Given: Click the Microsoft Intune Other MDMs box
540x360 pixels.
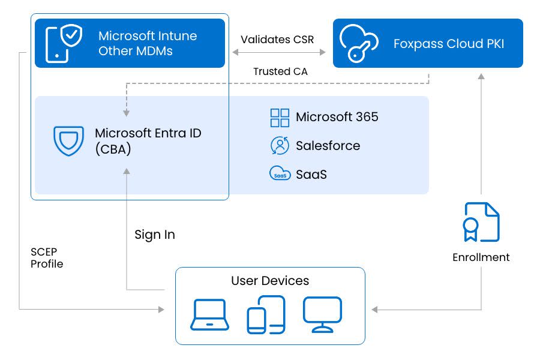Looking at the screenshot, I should coord(130,43).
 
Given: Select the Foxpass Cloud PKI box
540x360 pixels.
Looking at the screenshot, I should coord(427,43).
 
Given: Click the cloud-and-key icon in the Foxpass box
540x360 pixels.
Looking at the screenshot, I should coord(359,43).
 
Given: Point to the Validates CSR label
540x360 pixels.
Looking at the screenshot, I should coord(277,40).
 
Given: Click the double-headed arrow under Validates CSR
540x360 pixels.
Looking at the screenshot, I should coord(278,53).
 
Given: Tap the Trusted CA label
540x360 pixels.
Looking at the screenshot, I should coord(277,71).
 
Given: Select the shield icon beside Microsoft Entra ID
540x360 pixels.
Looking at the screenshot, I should coord(68,141).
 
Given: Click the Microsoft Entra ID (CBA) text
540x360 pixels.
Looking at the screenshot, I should coord(148,141).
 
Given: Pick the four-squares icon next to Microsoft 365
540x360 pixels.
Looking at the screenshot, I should coord(280,117).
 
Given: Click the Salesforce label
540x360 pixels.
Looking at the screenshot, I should coord(328,146).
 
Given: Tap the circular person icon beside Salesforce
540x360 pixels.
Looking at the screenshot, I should coord(280,146).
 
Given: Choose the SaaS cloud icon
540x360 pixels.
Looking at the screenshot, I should coord(280,174).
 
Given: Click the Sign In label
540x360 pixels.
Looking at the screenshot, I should coord(155,235).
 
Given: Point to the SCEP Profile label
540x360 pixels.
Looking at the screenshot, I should coord(47,257).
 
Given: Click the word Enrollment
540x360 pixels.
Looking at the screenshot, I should coord(481,257).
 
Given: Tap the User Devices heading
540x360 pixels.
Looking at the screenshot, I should coord(270,280).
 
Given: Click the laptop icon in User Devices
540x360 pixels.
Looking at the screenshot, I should coord(209,315).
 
